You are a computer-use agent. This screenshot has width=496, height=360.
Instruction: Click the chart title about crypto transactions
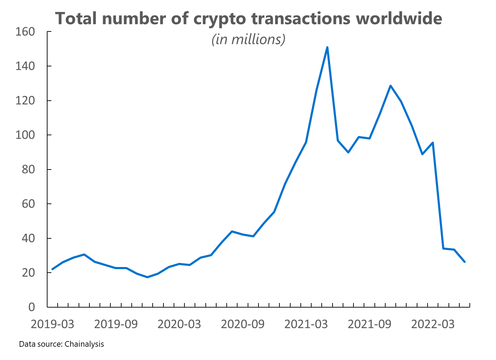click(248, 18)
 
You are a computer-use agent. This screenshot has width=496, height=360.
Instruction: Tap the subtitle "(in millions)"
click(248, 39)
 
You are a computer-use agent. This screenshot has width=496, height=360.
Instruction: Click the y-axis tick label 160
click(25, 32)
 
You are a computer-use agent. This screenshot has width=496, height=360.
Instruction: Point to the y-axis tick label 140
click(25, 66)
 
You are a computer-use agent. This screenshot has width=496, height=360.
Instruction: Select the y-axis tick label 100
click(25, 135)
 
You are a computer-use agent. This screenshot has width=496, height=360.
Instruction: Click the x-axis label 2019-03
click(52, 324)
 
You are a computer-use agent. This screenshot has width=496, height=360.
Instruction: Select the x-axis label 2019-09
click(116, 324)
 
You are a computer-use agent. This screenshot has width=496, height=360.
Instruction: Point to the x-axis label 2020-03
click(179, 324)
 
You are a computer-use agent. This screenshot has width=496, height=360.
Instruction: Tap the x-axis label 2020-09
click(243, 324)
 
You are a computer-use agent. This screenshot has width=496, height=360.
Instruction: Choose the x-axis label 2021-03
click(306, 324)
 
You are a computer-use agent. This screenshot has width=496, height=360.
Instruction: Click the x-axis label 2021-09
click(370, 324)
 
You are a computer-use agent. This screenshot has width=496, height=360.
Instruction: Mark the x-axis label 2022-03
click(433, 324)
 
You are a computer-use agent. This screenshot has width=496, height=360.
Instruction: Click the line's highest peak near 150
click(327, 47)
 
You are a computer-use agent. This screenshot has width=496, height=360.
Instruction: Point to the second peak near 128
click(390, 86)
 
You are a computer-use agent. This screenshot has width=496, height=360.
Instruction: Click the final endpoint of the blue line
click(465, 262)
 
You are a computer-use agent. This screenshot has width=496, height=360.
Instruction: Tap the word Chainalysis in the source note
click(84, 344)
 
